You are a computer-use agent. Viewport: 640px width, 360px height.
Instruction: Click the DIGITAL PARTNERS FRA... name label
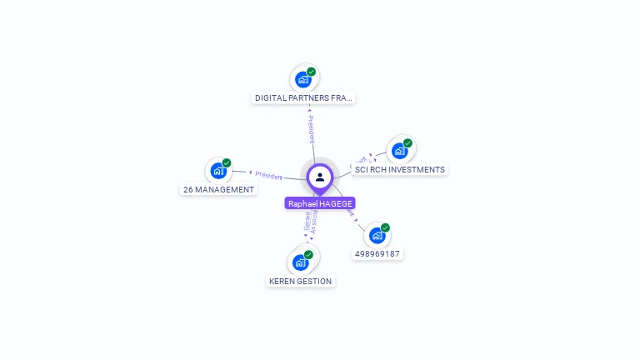click(304, 98)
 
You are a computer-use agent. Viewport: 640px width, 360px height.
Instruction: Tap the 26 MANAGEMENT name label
click(218, 190)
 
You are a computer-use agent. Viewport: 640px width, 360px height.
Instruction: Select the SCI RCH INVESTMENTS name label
click(400, 170)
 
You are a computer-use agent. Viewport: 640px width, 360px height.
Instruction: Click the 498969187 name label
click(377, 254)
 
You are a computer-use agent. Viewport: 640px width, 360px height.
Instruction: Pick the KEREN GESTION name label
click(301, 282)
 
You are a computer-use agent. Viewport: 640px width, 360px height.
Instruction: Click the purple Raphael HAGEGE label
click(320, 203)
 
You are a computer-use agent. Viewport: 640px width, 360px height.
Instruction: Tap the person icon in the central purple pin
click(320, 177)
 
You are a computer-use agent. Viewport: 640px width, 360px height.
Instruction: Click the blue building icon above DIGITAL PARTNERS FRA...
click(303, 80)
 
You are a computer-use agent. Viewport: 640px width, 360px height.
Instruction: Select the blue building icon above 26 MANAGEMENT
click(218, 171)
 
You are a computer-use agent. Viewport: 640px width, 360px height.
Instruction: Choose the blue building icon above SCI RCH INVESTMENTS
click(400, 151)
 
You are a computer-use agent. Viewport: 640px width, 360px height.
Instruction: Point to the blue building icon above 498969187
click(377, 236)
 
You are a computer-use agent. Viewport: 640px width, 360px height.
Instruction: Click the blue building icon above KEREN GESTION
click(301, 262)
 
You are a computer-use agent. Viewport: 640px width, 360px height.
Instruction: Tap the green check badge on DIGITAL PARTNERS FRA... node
click(312, 72)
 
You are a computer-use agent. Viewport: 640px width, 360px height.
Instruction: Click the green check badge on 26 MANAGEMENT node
click(227, 163)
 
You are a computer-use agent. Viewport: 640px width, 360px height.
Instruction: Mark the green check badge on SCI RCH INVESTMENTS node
click(407, 143)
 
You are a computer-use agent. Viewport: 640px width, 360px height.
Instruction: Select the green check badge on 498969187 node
click(385, 227)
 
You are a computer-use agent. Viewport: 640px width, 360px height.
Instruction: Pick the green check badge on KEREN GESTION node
click(308, 255)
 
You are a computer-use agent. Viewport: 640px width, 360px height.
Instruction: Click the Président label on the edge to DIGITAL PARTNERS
click(311, 128)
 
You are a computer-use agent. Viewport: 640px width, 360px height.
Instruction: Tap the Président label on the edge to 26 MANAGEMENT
click(268, 175)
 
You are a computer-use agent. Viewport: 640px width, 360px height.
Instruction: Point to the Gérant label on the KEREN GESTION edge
click(307, 221)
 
